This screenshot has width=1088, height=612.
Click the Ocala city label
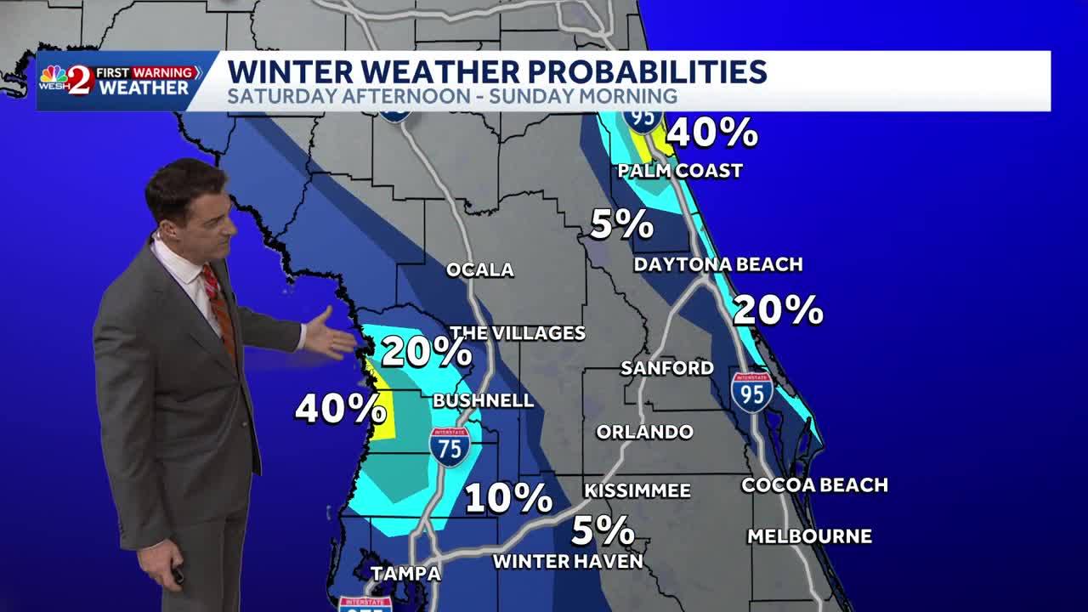pyautogui.click(x=480, y=270)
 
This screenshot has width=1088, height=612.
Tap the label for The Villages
pyautogui.click(x=517, y=333)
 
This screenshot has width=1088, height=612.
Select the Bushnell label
pyautogui.click(x=483, y=400)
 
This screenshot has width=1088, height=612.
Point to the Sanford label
pyautogui.click(x=667, y=368)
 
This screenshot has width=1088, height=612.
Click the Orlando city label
pyautogui.click(x=644, y=432)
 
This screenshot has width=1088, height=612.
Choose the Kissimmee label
pyautogui.click(x=637, y=490)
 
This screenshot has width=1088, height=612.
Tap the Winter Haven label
pyautogui.click(x=568, y=561)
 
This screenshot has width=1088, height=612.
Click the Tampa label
pyautogui.click(x=406, y=574)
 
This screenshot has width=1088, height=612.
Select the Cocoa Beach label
pyautogui.click(x=814, y=485)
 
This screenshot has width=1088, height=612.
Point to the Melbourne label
pyautogui.click(x=809, y=536)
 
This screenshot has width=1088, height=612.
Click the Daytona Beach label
pyautogui.click(x=718, y=264)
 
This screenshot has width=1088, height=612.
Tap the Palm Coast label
pyautogui.click(x=680, y=171)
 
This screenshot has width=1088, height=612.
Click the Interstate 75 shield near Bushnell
pyautogui.click(x=450, y=446)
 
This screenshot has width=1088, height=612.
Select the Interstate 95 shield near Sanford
pyautogui.click(x=752, y=391)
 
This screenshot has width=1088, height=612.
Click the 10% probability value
pyautogui.click(x=508, y=498)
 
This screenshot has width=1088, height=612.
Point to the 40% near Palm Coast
pyautogui.click(x=712, y=133)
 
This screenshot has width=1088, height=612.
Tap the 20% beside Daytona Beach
pyautogui.click(x=778, y=310)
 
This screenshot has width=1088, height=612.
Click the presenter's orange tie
pyautogui.click(x=219, y=310)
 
